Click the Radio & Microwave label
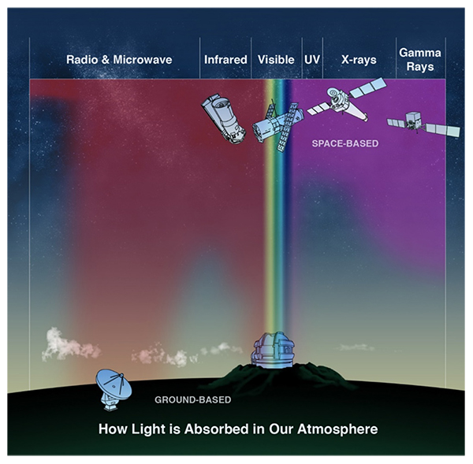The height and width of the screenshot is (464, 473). (x=119, y=59)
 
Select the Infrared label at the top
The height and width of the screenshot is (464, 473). (x=225, y=59)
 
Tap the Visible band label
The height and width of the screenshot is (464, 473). (x=276, y=59)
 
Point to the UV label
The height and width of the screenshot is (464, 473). (x=312, y=59)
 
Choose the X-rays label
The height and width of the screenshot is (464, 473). (x=359, y=60)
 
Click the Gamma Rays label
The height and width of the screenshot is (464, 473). (x=420, y=60)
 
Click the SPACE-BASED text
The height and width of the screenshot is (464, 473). (x=345, y=143)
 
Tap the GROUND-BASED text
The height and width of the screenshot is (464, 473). (x=193, y=399)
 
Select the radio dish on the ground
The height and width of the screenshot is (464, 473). (x=114, y=389)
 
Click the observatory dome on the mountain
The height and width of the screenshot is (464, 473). (x=273, y=351)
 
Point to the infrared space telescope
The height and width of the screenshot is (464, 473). (x=224, y=118)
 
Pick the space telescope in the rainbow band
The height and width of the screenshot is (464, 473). (x=278, y=126)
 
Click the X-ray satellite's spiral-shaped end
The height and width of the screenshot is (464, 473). (x=336, y=97)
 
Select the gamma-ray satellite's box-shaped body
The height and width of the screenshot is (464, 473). (x=412, y=120)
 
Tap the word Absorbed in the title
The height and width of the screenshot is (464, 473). (x=216, y=429)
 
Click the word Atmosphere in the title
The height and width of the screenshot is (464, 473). (x=337, y=429)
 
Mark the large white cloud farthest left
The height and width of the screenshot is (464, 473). (x=70, y=344)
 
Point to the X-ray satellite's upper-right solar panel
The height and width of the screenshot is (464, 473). (x=368, y=87)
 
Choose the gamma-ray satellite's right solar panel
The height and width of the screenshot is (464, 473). (x=443, y=130)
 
